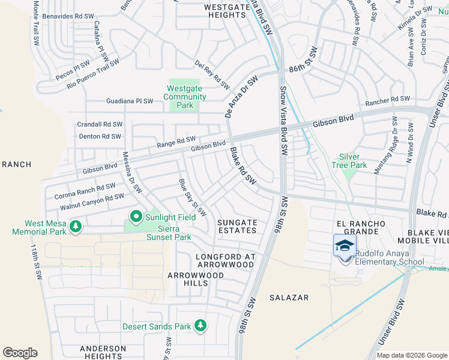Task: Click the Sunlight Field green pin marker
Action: [x=136, y=217]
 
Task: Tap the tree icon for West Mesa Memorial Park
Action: [x=76, y=226]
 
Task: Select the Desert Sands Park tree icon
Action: [x=200, y=326]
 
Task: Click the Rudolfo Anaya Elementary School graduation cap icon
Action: [x=345, y=246]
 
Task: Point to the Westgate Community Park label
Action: [x=186, y=97]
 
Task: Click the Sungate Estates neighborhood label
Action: [x=237, y=226]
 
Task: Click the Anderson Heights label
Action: [x=103, y=352]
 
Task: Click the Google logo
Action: [x=20, y=353]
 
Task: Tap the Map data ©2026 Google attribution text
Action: [x=412, y=355]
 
